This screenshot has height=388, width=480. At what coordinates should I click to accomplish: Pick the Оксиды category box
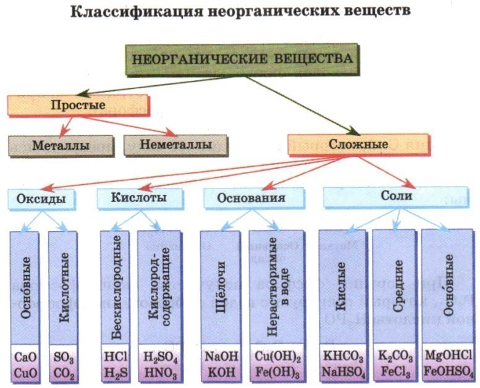pyautogui.click(x=42, y=198)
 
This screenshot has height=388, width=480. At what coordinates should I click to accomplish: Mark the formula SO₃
pyautogui.click(x=64, y=356)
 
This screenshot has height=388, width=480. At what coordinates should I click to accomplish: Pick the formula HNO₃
pyautogui.click(x=161, y=372)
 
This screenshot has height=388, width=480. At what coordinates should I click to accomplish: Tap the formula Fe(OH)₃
pyautogui.click(x=276, y=372)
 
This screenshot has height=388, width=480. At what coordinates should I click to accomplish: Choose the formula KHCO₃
pyautogui.click(x=341, y=356)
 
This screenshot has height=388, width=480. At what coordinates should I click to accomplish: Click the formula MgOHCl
pyautogui.click(x=447, y=356)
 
